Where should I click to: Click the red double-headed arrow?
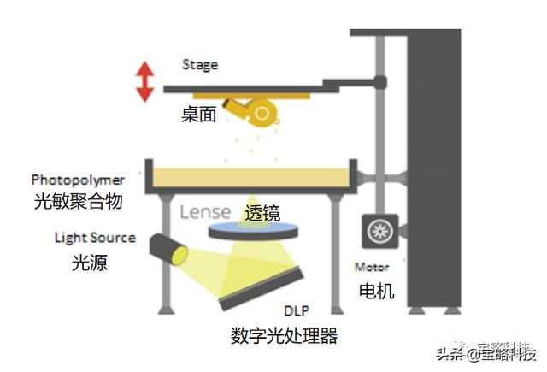144,81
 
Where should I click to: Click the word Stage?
199,65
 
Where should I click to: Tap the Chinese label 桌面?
198,114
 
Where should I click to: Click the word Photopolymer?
78,180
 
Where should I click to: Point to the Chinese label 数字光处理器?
285,335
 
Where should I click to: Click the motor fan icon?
377,232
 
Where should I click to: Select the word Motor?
371,268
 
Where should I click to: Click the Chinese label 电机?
376,291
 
